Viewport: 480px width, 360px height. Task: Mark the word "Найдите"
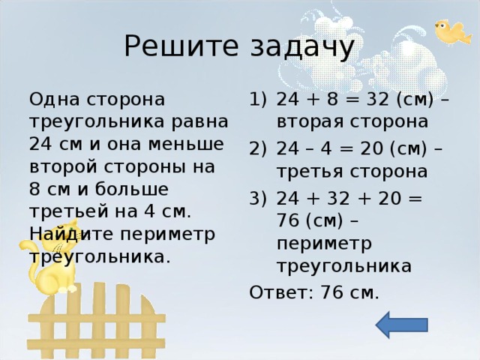61,233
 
